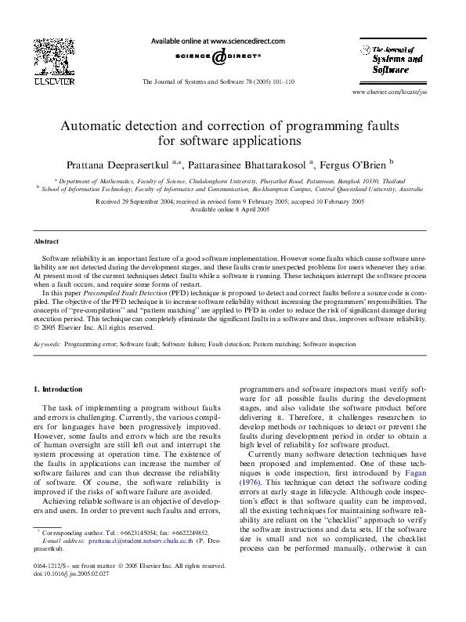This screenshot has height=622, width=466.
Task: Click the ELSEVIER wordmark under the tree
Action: (52, 80)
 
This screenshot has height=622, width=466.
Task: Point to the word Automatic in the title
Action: (99, 125)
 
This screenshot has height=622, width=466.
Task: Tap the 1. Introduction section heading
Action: (59, 389)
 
